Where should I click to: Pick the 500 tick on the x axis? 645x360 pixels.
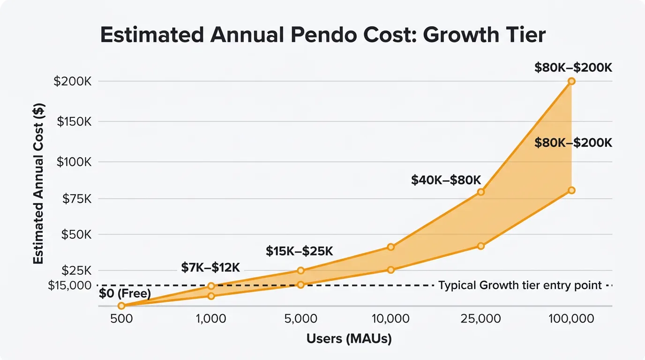(x=121, y=319)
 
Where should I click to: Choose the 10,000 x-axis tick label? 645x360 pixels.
(x=390, y=319)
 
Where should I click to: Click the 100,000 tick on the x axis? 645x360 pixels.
(x=571, y=319)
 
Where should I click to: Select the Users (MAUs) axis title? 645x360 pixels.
(x=349, y=338)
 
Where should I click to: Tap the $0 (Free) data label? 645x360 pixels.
(x=125, y=294)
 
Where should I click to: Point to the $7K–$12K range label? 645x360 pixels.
(x=210, y=268)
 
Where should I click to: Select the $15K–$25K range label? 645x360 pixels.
(x=300, y=251)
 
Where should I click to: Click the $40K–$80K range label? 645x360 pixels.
(x=446, y=180)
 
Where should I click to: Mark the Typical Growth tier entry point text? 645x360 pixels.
(x=520, y=285)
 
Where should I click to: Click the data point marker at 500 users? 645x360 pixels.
(x=121, y=306)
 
